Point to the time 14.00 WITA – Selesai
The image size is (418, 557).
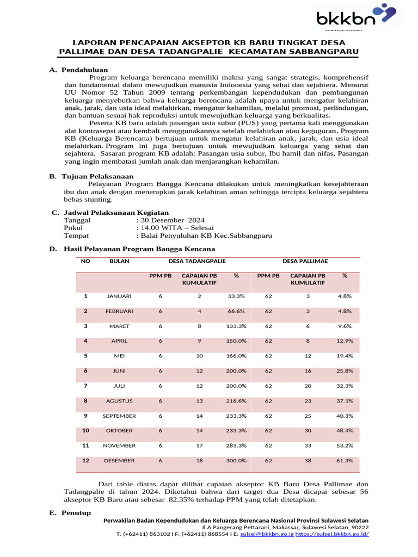[x=177, y=228]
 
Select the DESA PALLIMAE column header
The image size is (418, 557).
[x=305, y=262]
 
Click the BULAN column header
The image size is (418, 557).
[x=119, y=262]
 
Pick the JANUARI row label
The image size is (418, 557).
[x=119, y=296]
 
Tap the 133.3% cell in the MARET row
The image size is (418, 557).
[x=236, y=326]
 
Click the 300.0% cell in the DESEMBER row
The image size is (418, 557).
[x=236, y=461]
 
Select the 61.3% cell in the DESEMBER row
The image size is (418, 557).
[x=345, y=461]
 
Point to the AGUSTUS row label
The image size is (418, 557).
[x=119, y=401]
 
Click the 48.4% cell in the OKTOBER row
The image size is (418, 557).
[x=345, y=431]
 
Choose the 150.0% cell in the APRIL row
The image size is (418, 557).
[x=236, y=341]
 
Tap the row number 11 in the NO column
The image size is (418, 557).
[x=85, y=445]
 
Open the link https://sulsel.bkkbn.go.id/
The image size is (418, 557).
[x=333, y=534]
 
